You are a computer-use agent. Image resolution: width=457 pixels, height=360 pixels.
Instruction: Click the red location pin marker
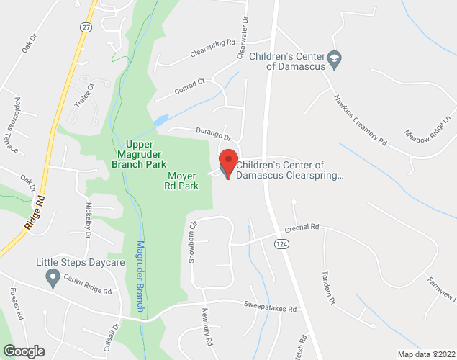coord(228,162)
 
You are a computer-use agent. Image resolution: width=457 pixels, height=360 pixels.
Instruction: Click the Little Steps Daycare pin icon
coord(53,276)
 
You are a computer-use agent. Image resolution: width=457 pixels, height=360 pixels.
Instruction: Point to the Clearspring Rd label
coord(213,48)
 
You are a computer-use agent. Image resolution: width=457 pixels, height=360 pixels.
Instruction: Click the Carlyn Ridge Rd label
coord(87,287)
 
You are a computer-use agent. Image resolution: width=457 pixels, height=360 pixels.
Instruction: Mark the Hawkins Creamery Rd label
coord(359,120)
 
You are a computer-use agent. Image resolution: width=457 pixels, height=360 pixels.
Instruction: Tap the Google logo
coord(23,351)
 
